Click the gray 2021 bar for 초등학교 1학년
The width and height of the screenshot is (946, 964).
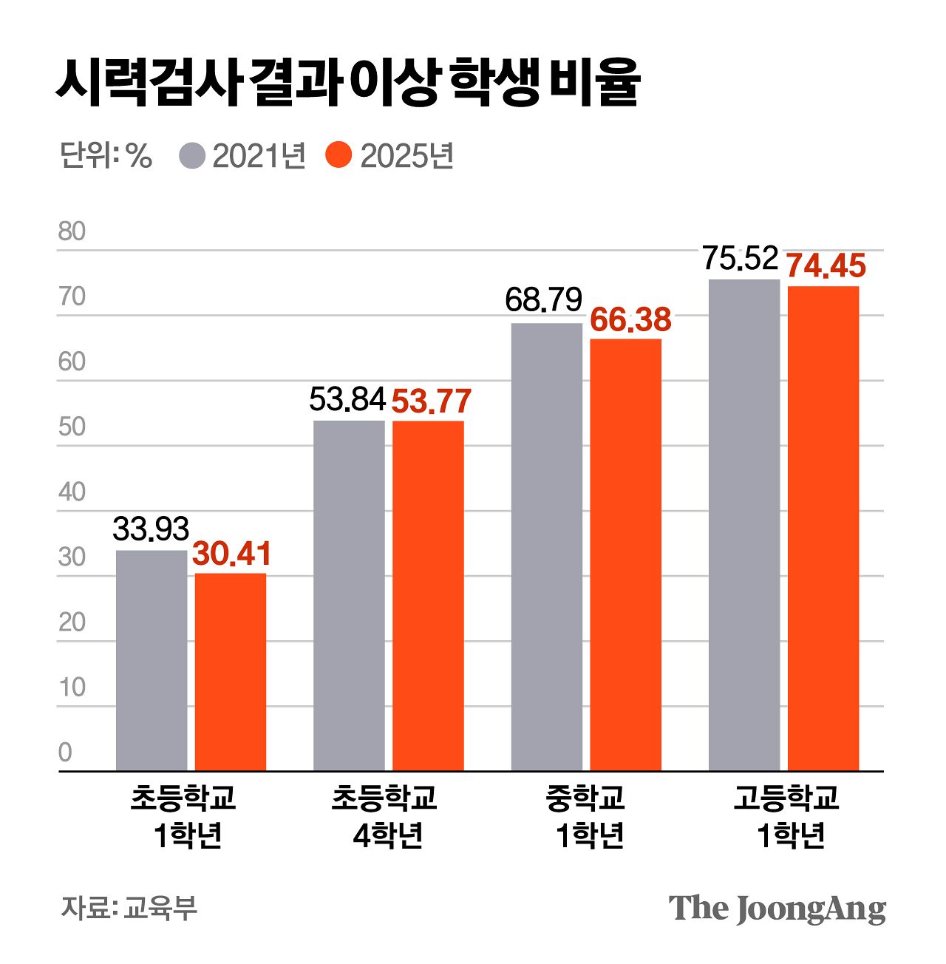coord(152,660)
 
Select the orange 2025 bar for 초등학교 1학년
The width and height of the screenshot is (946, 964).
coord(231,672)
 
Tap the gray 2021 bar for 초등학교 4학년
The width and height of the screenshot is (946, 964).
coord(349,595)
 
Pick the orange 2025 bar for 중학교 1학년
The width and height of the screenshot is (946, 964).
coord(625,554)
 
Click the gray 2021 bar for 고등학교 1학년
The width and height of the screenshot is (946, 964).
coord(743,525)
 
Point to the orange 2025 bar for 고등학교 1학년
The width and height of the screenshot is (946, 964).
coord(823,528)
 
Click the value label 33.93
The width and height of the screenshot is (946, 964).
coord(151,529)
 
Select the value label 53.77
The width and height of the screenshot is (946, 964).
coord(431,401)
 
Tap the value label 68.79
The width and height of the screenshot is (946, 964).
coord(544,300)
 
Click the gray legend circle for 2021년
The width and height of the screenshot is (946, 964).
coord(192,156)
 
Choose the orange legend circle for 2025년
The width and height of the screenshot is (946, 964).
coord(338,156)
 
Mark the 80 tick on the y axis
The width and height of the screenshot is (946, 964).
coord(72,231)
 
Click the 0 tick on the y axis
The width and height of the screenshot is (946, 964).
coord(65,753)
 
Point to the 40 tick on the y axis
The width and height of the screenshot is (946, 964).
coord(72,492)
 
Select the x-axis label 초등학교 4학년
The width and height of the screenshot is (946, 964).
coord(386,816)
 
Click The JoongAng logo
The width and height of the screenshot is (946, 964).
coord(777,908)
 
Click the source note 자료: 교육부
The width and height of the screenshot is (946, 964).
coord(129,908)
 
